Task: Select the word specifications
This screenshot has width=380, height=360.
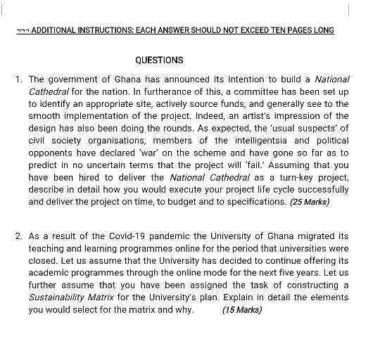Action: [254, 202]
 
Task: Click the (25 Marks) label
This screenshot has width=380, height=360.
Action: [310, 202]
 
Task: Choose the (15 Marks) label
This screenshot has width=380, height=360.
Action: [241, 310]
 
